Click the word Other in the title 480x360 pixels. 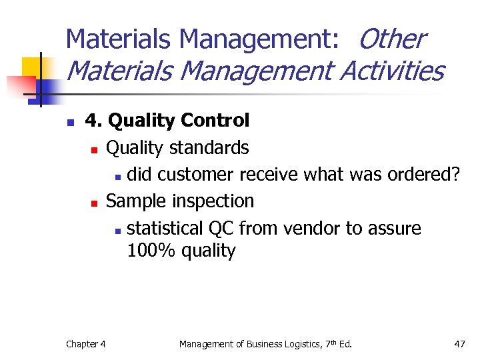point(391,39)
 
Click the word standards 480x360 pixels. point(209,147)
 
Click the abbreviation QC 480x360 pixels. point(221,228)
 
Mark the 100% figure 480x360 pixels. point(149,251)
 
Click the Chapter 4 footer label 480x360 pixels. point(85,344)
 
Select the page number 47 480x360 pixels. point(459,344)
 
